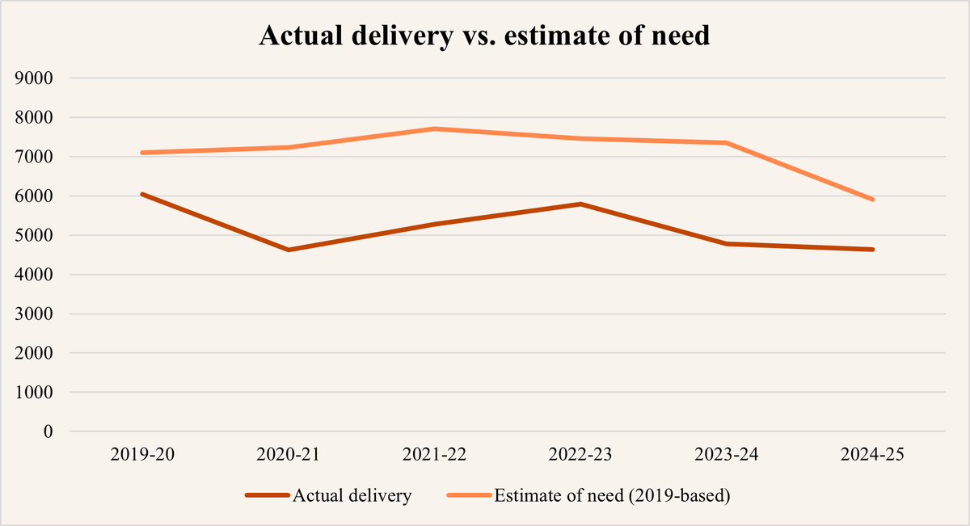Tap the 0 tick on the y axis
coord(48,431)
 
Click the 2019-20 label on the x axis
coord(142,456)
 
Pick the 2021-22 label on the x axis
coord(435,456)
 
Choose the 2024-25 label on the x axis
coord(873,456)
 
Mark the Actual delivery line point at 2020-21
coord(289,250)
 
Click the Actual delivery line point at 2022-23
coord(581,204)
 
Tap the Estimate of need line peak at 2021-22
coord(435,128)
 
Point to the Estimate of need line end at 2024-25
coord(873,200)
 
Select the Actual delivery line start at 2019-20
coord(142,194)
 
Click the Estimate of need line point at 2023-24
coord(727,143)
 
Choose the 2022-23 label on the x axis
coord(581,456)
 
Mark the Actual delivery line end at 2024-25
coord(873,250)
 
